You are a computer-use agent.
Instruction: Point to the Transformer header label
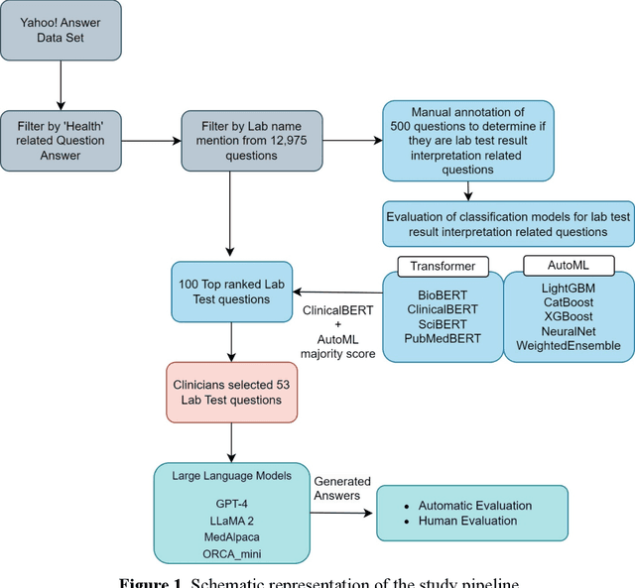(443, 265)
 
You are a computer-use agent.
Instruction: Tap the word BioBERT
(443, 293)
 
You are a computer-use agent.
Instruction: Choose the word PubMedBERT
(443, 338)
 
